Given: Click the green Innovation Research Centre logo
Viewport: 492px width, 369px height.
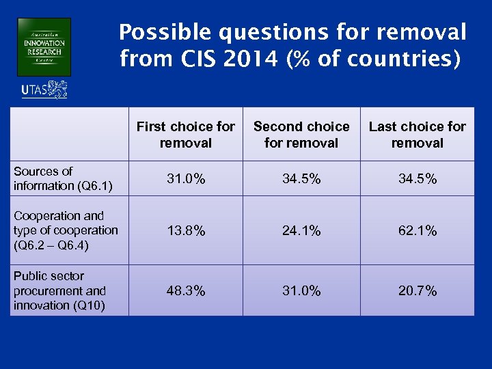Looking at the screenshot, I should pyautogui.click(x=44, y=47).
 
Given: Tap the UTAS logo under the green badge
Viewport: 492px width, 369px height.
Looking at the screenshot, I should pyautogui.click(x=44, y=90).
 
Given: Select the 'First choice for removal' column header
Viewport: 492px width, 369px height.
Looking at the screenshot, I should pyautogui.click(x=186, y=135).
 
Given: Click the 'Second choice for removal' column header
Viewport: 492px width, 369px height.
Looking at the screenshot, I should pyautogui.click(x=301, y=135).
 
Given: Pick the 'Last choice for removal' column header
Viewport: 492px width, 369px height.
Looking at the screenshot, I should pyautogui.click(x=417, y=135).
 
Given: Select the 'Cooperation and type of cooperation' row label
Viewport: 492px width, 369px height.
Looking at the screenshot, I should pyautogui.click(x=66, y=230).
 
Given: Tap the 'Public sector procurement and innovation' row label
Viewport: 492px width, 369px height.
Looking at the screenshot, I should pyautogui.click(x=60, y=290).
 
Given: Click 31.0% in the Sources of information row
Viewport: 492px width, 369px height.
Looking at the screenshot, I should pyautogui.click(x=186, y=179).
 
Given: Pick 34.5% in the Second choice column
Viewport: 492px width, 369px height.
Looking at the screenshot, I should pyautogui.click(x=301, y=179).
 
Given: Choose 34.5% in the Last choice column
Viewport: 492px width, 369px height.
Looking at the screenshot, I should pyautogui.click(x=417, y=179).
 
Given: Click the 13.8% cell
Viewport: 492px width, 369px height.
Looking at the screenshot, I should pyautogui.click(x=186, y=231).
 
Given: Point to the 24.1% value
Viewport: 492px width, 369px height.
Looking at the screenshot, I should pyautogui.click(x=301, y=231).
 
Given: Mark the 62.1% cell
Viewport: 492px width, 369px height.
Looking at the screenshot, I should pyautogui.click(x=417, y=231).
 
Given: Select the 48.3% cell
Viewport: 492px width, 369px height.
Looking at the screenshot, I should pyautogui.click(x=186, y=291).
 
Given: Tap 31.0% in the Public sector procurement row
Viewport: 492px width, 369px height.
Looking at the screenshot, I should pyautogui.click(x=301, y=291).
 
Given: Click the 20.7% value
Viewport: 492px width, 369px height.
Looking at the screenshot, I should pyautogui.click(x=417, y=291).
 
